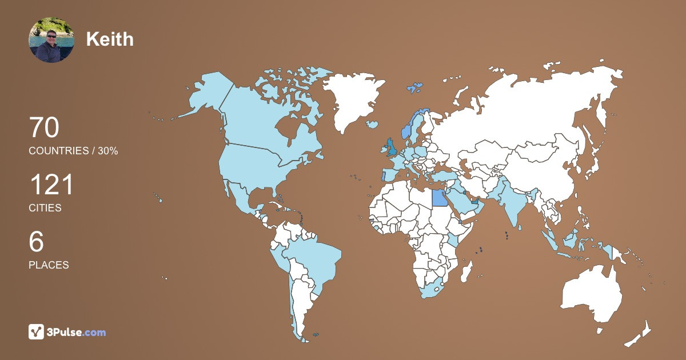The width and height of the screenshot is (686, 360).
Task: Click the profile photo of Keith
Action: pos(51,40)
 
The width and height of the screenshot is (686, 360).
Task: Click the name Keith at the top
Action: pos(110,39)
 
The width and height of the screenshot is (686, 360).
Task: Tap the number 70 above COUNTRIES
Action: pos(44,127)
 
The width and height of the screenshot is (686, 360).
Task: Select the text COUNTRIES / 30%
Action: pos(73,151)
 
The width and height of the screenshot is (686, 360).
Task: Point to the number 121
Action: pos(51,185)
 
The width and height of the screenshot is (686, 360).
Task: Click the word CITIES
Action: pos(45,208)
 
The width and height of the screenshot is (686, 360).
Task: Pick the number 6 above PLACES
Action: pos(37,242)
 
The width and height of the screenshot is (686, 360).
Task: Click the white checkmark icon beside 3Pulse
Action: pos(37,332)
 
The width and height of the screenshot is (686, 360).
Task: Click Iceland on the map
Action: pos(373,124)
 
